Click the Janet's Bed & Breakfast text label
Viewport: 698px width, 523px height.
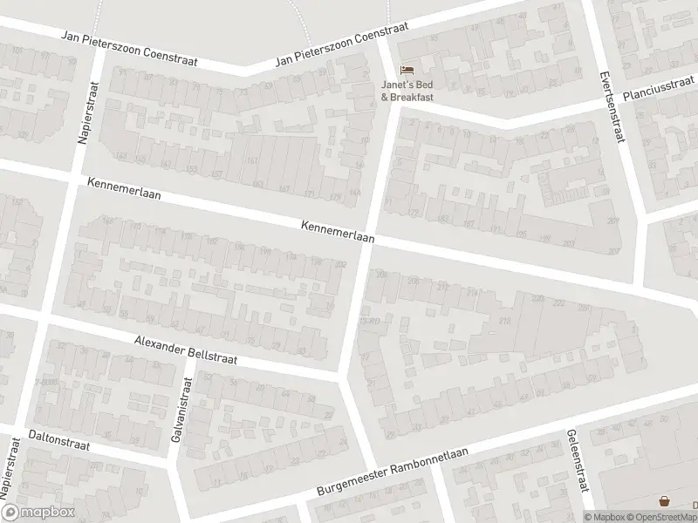coord(407,90)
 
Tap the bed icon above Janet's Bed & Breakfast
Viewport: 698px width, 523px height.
coord(407,70)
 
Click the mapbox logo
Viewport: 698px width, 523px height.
coord(38,513)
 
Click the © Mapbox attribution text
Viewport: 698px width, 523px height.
coord(604,517)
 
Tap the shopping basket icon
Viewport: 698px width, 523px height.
coord(666,502)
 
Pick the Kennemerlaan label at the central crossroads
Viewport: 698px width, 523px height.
coord(338,231)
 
